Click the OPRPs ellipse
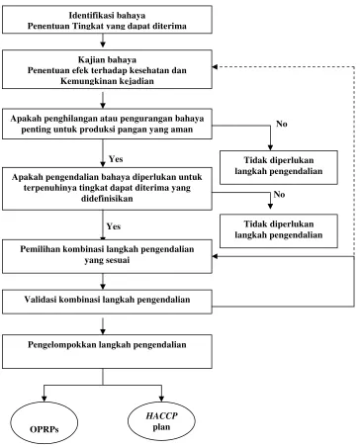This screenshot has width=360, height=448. click(x=45, y=422)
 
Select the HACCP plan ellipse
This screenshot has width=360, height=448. click(x=161, y=421)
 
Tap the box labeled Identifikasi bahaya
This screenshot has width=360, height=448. click(x=107, y=20)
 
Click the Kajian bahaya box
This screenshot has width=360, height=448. click(x=107, y=69)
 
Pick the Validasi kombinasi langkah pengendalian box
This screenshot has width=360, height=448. click(x=107, y=302)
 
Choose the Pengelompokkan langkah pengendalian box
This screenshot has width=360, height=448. click(x=107, y=351)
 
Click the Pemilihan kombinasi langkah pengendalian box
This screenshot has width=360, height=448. click(x=107, y=256)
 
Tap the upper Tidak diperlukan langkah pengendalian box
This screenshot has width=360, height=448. click(x=279, y=167)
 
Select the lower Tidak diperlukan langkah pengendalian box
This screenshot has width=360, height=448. click(x=279, y=231)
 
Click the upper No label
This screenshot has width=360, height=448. click(x=282, y=124)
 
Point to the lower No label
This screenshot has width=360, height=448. click(x=279, y=195)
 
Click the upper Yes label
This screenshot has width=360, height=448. click(x=116, y=159)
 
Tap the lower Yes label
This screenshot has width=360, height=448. click(x=114, y=226)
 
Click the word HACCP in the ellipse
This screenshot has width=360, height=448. click(x=161, y=415)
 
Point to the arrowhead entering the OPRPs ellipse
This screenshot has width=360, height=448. click(x=44, y=399)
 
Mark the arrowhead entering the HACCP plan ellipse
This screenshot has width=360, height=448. click(x=161, y=399)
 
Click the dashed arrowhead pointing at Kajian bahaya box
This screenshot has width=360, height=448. click(x=215, y=67)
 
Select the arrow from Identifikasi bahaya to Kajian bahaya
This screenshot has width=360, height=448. click(x=103, y=41)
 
